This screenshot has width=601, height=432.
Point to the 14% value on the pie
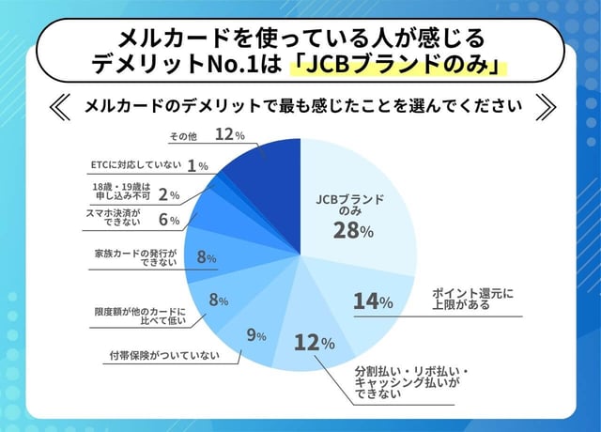coord(373,301)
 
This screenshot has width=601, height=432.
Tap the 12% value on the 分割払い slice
coord(314,343)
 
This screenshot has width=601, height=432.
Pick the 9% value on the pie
coord(256,333)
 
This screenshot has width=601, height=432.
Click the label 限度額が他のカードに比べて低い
coord(141,316)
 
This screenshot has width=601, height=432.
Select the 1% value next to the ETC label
coord(197,165)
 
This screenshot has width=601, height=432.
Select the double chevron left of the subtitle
coord(57,105)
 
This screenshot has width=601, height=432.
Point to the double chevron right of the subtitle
coord(544,105)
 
